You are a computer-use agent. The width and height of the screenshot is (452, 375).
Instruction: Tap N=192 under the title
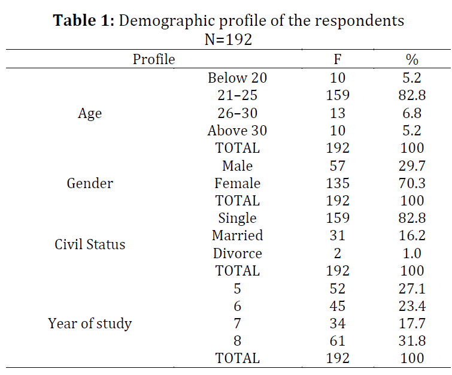pos(228,39)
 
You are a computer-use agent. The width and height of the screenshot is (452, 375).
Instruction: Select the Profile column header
pos(154,59)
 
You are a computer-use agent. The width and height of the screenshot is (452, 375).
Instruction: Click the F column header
pos(338,59)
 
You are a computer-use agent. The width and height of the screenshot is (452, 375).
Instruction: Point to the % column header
pos(412,59)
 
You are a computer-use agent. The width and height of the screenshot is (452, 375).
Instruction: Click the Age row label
pos(90,113)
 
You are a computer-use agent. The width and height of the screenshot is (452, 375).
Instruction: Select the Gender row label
pos(90,183)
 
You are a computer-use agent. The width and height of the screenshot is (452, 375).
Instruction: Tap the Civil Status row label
pos(90,244)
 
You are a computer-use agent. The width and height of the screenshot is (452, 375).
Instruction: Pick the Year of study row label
pos(90,323)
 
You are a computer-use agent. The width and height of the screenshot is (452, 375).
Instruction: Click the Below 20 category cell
pos(237,78)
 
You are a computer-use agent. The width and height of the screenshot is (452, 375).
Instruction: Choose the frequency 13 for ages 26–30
pos(338,113)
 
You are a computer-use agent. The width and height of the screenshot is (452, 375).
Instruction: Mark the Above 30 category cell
pos(237,131)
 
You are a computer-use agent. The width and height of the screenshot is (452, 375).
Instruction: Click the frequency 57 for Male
pos(338,166)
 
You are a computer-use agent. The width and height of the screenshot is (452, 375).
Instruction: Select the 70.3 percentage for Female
pos(412,183)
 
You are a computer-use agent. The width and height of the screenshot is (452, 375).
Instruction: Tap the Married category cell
pos(237,235)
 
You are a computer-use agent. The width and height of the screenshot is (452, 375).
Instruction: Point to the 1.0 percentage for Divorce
pos(412,253)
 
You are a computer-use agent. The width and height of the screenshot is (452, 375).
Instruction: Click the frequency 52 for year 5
pos(338,289)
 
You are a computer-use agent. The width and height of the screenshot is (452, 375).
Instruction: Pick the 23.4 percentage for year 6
pos(412,306)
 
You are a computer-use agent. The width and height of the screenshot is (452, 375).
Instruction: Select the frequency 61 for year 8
pos(338,341)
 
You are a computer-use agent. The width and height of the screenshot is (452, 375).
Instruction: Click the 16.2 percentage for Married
pos(412,235)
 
